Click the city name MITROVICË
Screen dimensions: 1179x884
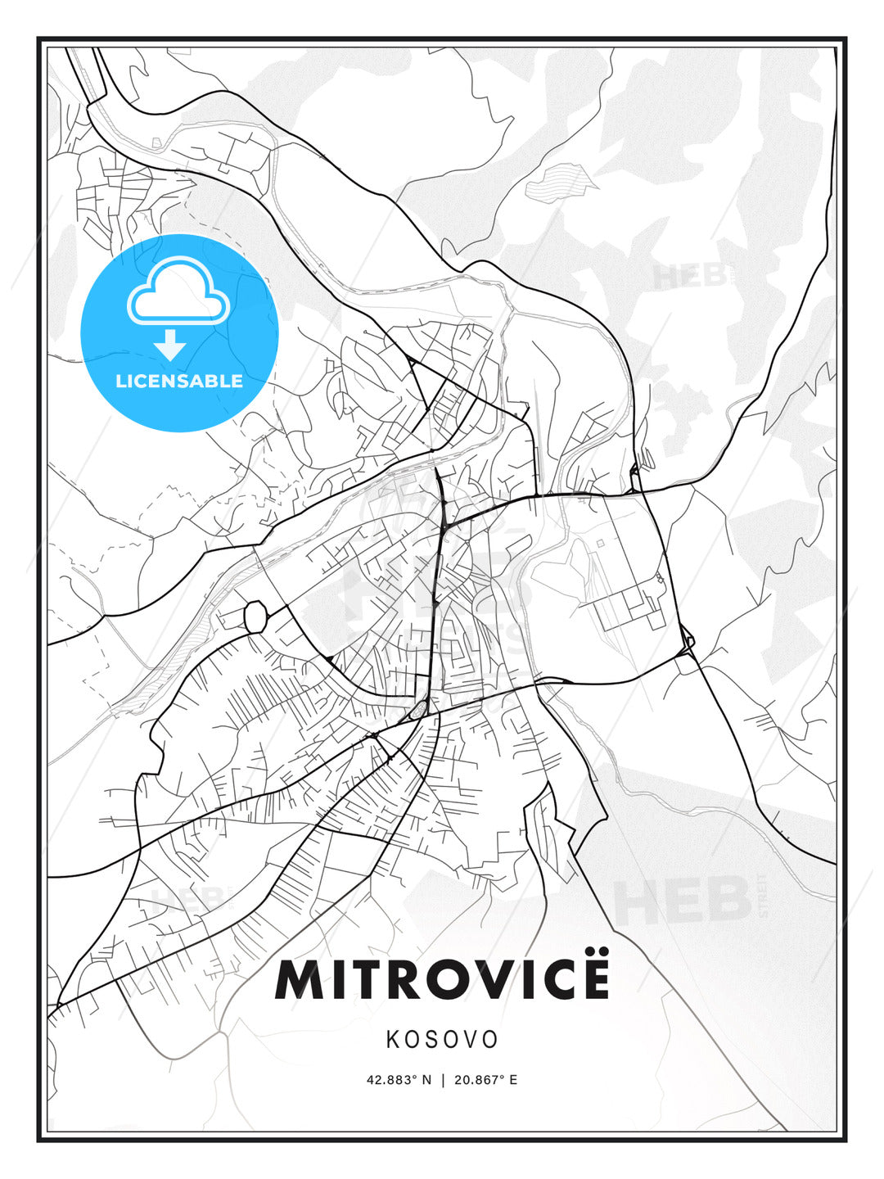point(442,979)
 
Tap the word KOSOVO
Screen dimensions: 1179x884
point(442,1040)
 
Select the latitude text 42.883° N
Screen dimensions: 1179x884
point(399,1080)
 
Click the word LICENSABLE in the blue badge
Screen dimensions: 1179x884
point(179,381)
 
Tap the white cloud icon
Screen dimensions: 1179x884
point(178,292)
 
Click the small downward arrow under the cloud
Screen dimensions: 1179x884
point(170,346)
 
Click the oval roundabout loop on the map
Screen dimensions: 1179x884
point(256,617)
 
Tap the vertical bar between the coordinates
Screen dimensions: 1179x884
point(443,1080)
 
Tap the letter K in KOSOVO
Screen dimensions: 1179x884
point(393,1040)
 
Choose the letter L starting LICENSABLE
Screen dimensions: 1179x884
point(120,381)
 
